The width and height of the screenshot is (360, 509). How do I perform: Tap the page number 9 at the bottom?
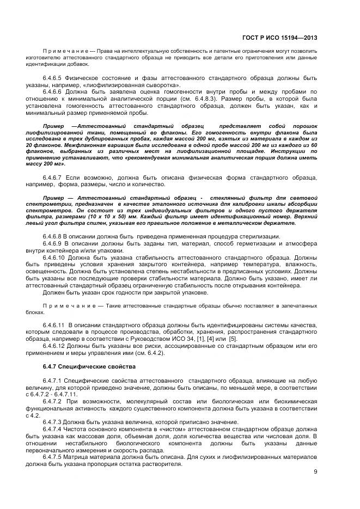point(315,472)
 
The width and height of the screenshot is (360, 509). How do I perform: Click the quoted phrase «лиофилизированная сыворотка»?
point(141,85)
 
